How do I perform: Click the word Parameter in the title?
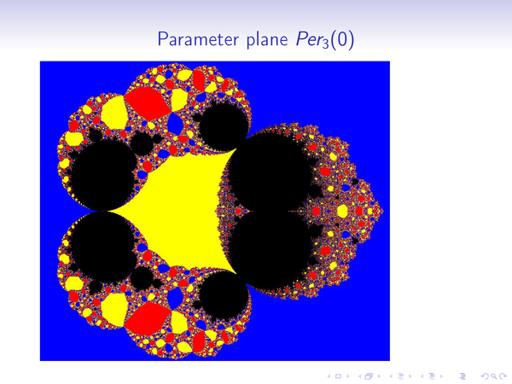198,39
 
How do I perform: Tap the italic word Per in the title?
309,39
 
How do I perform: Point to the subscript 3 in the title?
325,44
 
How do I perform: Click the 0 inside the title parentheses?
342,39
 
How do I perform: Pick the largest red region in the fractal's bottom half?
148,318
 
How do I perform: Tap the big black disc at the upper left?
103,175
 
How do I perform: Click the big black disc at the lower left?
103,247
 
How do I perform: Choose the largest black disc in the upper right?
270,172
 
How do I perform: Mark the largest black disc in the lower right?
270,251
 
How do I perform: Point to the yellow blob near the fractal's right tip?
342,211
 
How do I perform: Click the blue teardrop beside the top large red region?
176,125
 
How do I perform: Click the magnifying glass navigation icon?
495,376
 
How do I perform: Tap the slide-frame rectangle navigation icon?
339,376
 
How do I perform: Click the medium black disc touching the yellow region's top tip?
224,125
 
